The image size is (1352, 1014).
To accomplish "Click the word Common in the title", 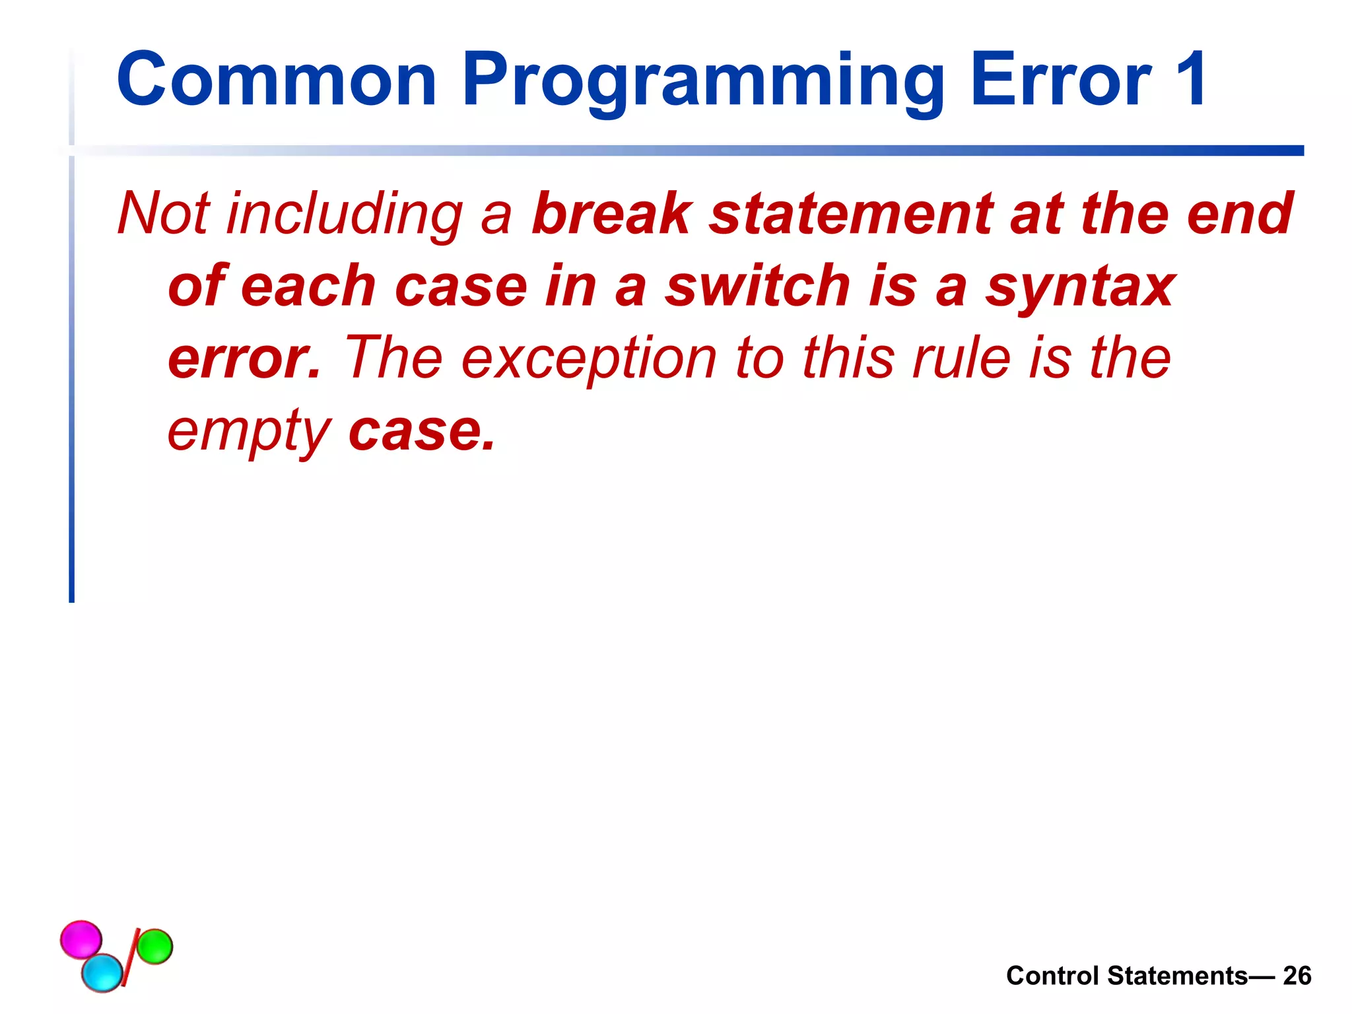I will tap(276, 81).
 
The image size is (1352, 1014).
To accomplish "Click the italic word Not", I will tap(163, 213).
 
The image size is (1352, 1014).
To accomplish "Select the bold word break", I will tap(611, 213).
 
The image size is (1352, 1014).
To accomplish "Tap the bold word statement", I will tap(851, 213).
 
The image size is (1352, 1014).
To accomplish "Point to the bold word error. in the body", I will tap(244, 358).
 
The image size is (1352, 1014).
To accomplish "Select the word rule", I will tap(961, 358).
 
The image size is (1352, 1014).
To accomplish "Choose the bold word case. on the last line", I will tap(421, 430).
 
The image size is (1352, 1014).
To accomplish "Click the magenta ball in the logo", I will tap(81, 938).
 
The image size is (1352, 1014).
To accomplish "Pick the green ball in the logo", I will tap(155, 946).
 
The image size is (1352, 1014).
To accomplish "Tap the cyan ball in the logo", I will tap(102, 972).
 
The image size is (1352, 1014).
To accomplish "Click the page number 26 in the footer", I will tap(1297, 976).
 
